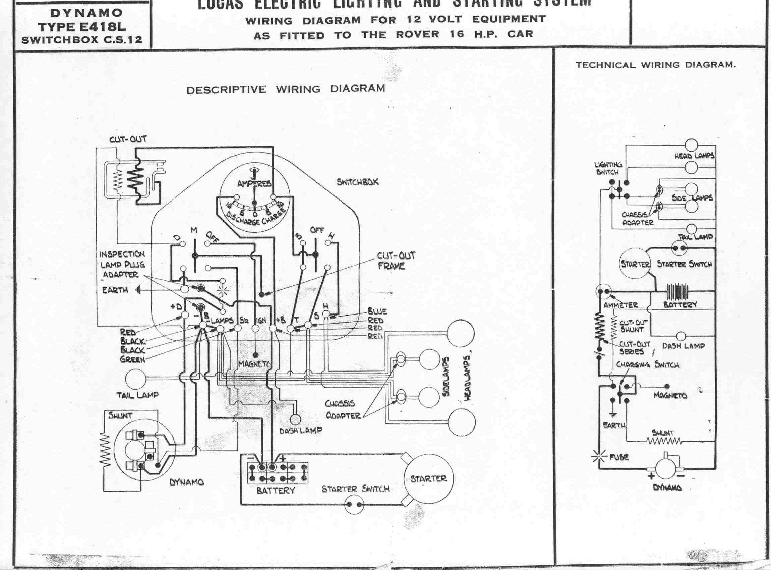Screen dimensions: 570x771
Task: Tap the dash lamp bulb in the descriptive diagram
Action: click(x=295, y=419)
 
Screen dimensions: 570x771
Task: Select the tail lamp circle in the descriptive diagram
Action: click(x=135, y=379)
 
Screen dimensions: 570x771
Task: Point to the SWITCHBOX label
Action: click(x=358, y=182)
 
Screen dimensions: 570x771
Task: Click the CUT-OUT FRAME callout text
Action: click(x=396, y=261)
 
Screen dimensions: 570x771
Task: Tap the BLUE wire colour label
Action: click(x=377, y=311)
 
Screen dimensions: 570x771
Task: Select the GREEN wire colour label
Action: click(x=132, y=359)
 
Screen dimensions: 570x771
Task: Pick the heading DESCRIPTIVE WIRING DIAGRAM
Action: click(x=286, y=89)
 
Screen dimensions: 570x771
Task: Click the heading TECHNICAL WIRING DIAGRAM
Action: click(x=656, y=65)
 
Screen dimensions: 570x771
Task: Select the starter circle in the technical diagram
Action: click(x=635, y=265)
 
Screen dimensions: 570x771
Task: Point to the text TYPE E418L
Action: click(x=82, y=26)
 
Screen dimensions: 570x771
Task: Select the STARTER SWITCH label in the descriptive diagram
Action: click(x=355, y=489)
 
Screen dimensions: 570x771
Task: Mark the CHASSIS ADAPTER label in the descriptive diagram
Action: click(x=343, y=409)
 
